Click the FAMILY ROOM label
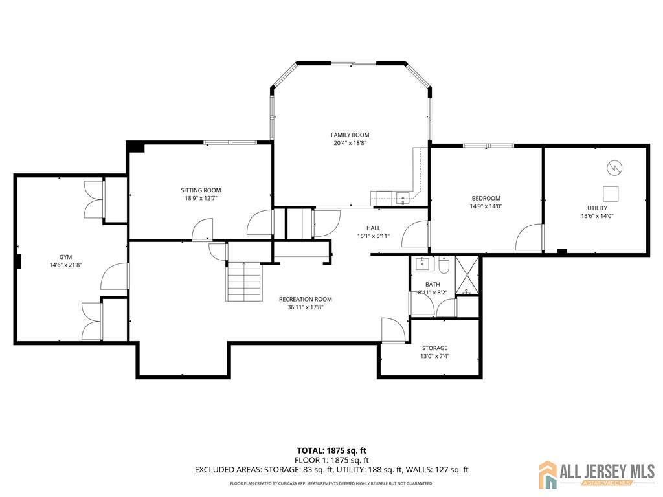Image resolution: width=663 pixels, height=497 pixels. (x=350, y=135)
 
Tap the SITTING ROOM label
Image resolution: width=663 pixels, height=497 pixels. (x=201, y=190)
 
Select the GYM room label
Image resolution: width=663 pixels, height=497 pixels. (x=65, y=257)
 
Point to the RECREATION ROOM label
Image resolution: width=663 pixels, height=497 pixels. (x=306, y=299)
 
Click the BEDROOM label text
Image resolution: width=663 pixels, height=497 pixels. (x=486, y=198)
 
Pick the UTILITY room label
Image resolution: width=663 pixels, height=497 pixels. (x=597, y=208)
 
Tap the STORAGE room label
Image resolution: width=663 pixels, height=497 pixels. (x=434, y=348)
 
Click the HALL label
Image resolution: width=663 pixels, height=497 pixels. (x=374, y=228)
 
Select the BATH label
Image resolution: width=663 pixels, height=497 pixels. (x=433, y=285)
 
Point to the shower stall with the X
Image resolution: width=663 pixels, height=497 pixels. (x=467, y=275)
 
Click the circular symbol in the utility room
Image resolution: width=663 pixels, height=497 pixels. (x=614, y=168)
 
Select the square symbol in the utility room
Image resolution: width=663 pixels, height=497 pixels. (x=611, y=194)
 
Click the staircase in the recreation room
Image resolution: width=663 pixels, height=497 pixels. (x=243, y=282)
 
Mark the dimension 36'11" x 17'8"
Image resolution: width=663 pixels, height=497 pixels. (x=306, y=307)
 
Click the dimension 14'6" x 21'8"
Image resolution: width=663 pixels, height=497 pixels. (x=65, y=265)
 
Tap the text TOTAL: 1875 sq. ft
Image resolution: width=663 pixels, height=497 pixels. (x=328, y=450)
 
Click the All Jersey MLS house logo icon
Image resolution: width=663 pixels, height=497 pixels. (x=548, y=474)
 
